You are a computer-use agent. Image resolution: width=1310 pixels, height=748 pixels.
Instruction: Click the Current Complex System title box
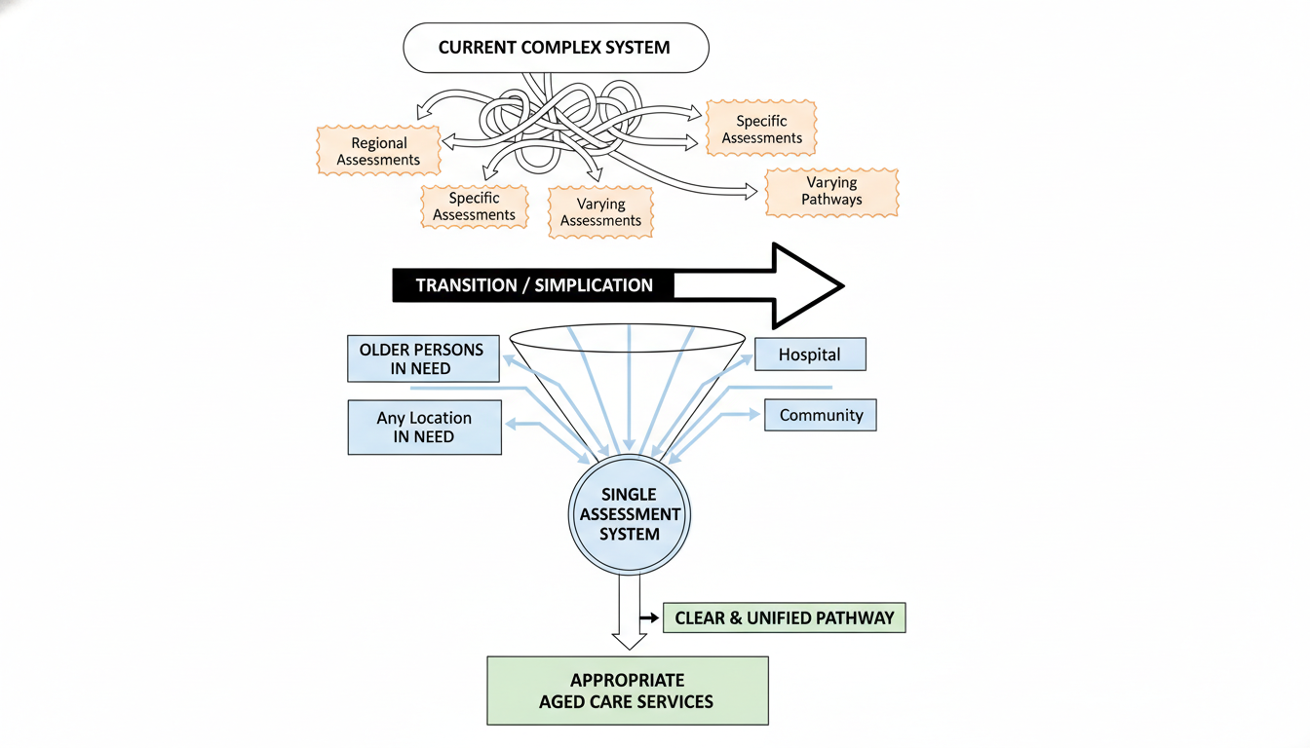(556, 48)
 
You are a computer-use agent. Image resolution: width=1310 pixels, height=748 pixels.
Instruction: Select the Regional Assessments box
(379, 151)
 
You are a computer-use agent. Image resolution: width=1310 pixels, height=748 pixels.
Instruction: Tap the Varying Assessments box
(600, 212)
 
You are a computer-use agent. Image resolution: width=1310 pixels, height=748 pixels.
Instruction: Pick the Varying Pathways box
(831, 191)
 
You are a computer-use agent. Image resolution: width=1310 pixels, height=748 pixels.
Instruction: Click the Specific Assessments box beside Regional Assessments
(474, 206)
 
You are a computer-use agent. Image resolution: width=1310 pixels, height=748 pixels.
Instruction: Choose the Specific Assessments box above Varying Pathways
(761, 130)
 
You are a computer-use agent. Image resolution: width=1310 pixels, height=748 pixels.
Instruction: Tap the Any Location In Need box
(424, 428)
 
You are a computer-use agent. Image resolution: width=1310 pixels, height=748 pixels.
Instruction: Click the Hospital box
(809, 355)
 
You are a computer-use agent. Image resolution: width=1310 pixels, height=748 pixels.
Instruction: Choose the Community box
(821, 415)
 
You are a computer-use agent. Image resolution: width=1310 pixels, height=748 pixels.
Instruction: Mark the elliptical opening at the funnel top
(628, 339)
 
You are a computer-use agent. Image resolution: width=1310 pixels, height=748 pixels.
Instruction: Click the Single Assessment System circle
(630, 514)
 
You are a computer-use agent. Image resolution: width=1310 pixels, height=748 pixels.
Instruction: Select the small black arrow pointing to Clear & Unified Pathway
(648, 618)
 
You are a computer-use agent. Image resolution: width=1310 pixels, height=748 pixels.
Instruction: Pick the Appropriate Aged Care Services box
(628, 691)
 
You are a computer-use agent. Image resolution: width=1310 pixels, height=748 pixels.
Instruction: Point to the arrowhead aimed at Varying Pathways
(751, 192)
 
